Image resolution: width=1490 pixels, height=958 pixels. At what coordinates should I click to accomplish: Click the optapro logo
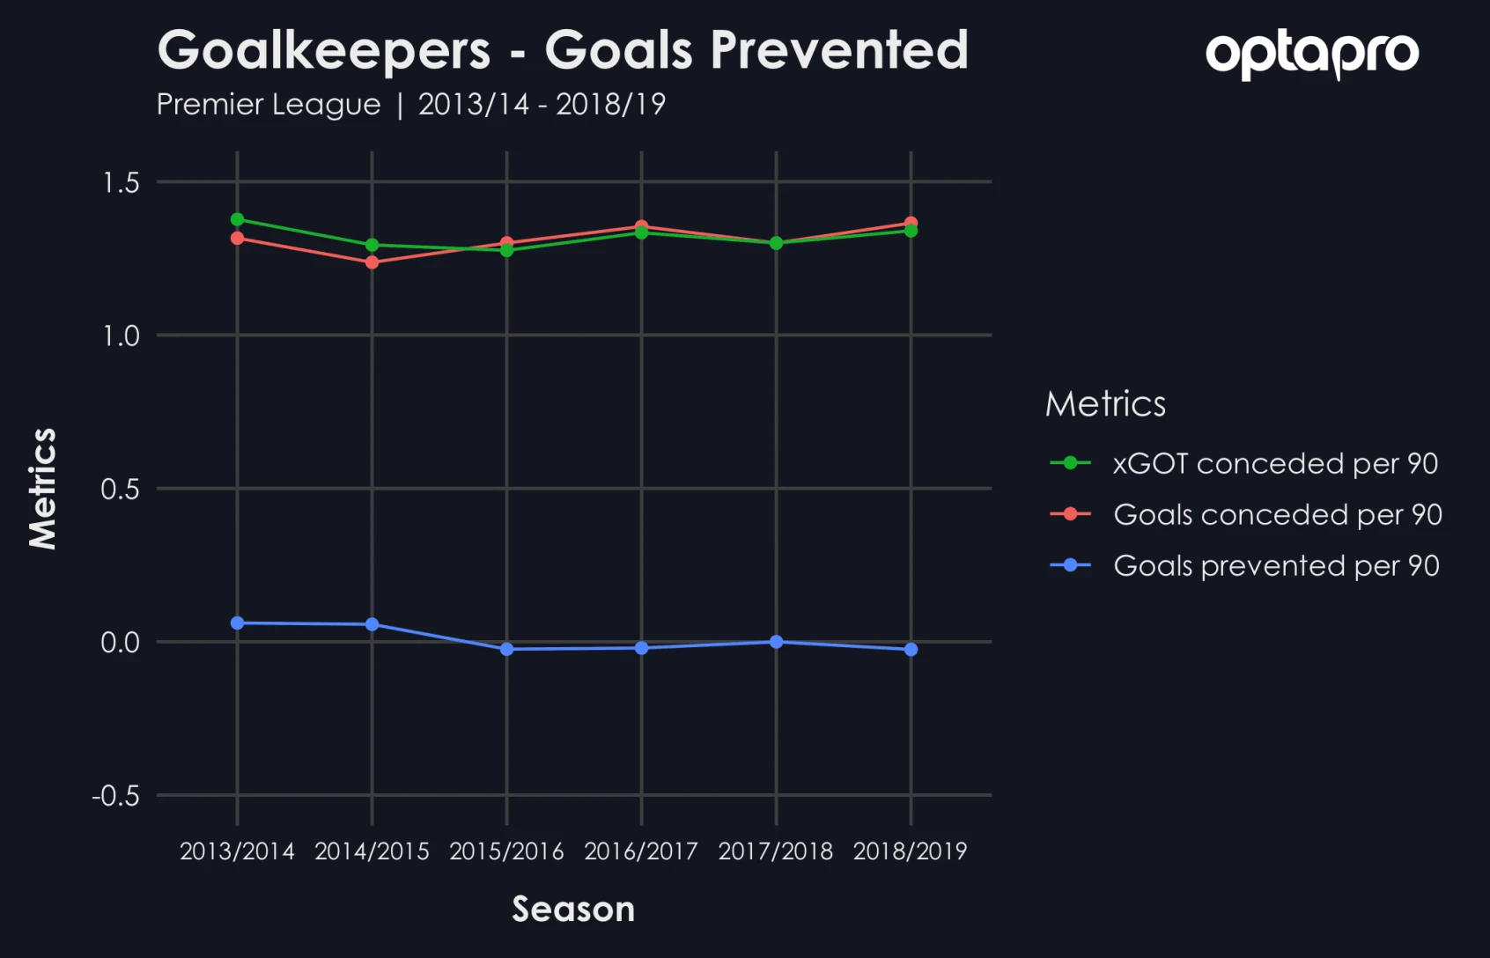tap(1312, 54)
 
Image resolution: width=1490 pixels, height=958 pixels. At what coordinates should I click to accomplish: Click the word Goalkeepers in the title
tap(324, 50)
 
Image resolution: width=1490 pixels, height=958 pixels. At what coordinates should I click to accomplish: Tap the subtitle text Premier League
tap(269, 105)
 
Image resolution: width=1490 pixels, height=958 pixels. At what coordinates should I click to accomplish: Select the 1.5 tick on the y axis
tap(121, 182)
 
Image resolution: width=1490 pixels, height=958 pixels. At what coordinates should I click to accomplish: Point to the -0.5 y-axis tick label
tap(115, 796)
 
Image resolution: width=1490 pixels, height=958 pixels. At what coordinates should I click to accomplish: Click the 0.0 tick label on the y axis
tap(121, 643)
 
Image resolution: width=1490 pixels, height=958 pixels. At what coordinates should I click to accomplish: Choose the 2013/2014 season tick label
tap(237, 851)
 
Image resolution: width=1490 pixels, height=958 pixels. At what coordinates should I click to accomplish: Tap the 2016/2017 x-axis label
tap(641, 851)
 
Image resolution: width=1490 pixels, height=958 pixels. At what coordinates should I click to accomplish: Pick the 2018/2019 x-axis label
tap(910, 851)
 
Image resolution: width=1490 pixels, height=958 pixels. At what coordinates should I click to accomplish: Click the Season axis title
tap(573, 910)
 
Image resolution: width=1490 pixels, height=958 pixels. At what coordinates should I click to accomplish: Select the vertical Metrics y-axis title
tap(42, 489)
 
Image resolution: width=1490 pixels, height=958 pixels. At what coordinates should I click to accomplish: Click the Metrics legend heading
tap(1105, 404)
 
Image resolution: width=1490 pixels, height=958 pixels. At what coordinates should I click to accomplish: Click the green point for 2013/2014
tap(238, 219)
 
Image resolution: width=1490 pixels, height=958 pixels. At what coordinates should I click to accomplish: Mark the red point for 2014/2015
tap(372, 262)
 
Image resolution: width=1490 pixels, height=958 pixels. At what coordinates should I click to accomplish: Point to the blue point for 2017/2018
tap(776, 642)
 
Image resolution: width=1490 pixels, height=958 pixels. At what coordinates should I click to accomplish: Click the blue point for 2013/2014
tap(238, 623)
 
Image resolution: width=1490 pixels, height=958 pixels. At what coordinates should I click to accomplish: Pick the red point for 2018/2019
tap(911, 223)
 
